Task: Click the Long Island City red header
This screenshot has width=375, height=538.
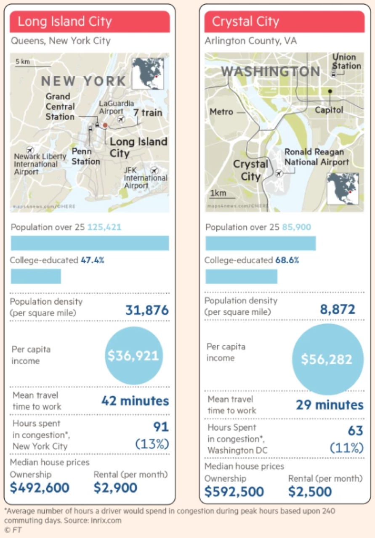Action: [90, 22]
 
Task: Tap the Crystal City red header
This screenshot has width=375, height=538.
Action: [284, 22]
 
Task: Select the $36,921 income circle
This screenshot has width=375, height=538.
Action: [133, 355]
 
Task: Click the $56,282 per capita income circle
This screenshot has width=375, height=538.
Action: [327, 359]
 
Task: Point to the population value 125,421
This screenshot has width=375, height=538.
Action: [104, 228]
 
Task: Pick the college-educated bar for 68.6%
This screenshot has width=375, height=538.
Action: [241, 276]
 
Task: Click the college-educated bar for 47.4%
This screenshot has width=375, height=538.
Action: [36, 276]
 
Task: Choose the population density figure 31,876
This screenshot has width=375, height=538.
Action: [147, 311]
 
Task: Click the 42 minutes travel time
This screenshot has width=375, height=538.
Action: [135, 401]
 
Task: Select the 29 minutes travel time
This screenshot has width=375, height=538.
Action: [330, 405]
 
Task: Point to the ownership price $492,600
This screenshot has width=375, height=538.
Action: [40, 488]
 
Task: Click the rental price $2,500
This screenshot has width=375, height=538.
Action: [310, 491]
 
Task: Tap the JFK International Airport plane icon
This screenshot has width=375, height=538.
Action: [154, 170]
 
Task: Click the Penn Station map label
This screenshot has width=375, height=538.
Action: [85, 156]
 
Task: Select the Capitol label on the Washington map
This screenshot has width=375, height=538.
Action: [329, 110]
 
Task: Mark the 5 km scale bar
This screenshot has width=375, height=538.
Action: [33, 66]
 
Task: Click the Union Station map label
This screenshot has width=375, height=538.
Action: [346, 61]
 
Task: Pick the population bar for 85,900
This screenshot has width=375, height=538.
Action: [261, 244]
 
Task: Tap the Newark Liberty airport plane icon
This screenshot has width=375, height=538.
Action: [30, 149]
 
